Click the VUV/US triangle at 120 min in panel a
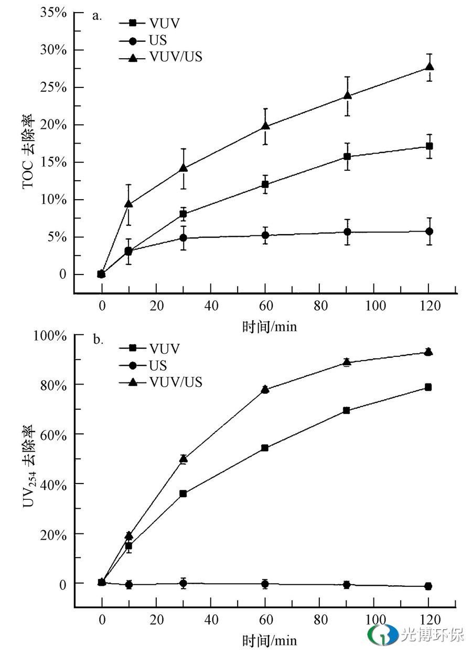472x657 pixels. pyautogui.click(x=430, y=67)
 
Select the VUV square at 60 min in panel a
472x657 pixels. pyautogui.click(x=265, y=184)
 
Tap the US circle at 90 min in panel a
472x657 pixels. pyautogui.click(x=347, y=232)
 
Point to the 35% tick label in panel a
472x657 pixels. pyautogui.click(x=53, y=13)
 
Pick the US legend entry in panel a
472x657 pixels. pyautogui.click(x=158, y=40)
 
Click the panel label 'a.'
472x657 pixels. pyautogui.click(x=97, y=15)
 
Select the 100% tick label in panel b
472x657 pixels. pyautogui.click(x=50, y=335)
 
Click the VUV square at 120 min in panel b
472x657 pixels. pyautogui.click(x=428, y=387)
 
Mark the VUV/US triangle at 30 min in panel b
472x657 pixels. pyautogui.click(x=183, y=459)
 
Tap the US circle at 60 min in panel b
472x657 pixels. pyautogui.click(x=265, y=584)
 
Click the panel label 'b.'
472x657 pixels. pyautogui.click(x=98, y=340)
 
